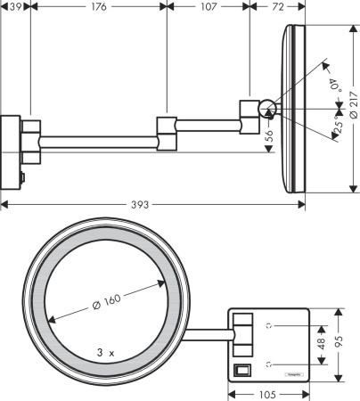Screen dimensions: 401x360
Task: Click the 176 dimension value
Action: (98, 8)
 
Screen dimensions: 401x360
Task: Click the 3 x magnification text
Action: (105, 352)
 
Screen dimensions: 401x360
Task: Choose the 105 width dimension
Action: (268, 393)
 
